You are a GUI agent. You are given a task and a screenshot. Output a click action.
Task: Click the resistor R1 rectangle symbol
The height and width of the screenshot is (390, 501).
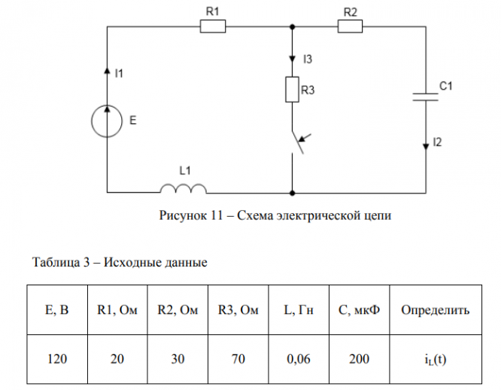[213, 27]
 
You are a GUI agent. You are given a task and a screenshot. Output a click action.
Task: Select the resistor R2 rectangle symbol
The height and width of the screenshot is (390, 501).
[350, 27]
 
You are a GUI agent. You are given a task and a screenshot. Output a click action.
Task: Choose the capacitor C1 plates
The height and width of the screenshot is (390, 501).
[427, 96]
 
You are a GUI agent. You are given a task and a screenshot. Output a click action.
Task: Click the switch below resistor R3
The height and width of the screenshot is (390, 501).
[297, 143]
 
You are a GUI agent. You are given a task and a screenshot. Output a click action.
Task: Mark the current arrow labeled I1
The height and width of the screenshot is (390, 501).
[106, 72]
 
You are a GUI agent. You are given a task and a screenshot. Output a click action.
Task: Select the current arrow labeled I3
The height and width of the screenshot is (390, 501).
[291, 59]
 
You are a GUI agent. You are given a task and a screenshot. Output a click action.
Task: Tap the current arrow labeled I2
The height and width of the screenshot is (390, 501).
[427, 142]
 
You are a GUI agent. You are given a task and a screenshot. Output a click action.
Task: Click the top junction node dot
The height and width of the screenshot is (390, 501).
[291, 27]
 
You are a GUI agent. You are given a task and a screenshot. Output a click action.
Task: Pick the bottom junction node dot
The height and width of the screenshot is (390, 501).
[291, 192]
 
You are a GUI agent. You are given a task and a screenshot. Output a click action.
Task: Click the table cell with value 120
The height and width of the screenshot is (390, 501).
[57, 358]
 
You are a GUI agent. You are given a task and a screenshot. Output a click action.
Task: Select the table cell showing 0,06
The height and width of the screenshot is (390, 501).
[299, 358]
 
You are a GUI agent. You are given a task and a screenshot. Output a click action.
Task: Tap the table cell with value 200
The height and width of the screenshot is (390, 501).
[360, 358]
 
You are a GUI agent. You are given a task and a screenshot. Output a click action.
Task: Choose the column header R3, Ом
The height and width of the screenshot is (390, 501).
[238, 309]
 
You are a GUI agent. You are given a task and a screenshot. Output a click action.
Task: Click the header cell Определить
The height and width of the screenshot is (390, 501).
[436, 309]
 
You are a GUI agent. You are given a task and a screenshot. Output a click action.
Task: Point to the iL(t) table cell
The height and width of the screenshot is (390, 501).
[436, 358]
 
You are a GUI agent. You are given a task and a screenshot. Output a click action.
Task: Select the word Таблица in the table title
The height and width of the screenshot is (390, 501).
[53, 263]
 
